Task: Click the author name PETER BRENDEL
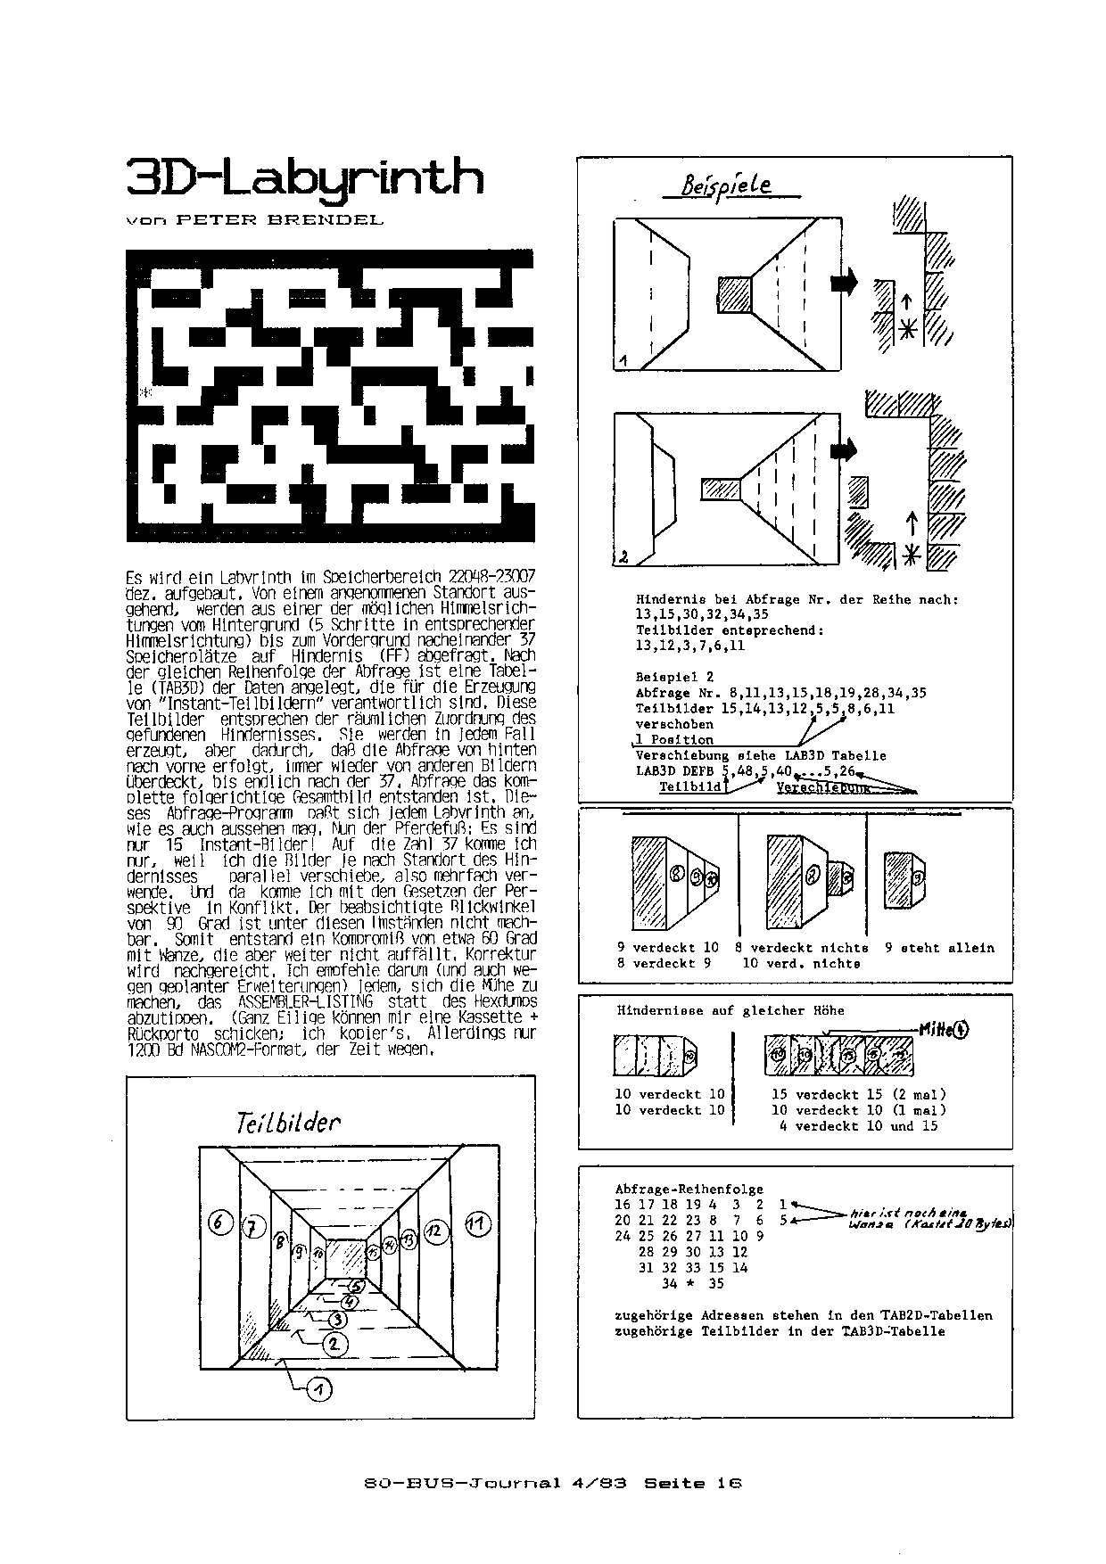point(280,220)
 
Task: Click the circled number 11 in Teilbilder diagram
point(478,1223)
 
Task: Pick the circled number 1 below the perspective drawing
point(319,1388)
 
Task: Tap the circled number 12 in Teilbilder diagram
point(436,1231)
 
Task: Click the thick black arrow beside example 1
point(844,281)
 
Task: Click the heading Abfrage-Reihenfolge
point(689,1189)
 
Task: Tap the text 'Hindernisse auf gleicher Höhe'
point(730,1010)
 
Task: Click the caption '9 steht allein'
point(938,948)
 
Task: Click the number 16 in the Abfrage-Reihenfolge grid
point(623,1204)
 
